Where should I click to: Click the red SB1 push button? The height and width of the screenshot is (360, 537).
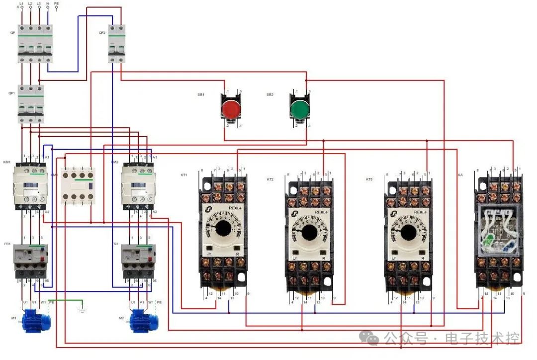(x=230, y=108)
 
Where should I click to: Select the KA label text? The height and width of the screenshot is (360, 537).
(x=460, y=175)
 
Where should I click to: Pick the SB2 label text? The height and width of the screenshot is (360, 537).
(x=269, y=94)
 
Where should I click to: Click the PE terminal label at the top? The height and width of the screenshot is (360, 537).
(x=56, y=3)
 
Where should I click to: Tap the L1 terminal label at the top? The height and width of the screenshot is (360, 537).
(x=22, y=3)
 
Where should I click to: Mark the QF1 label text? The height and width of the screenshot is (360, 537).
(x=11, y=93)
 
